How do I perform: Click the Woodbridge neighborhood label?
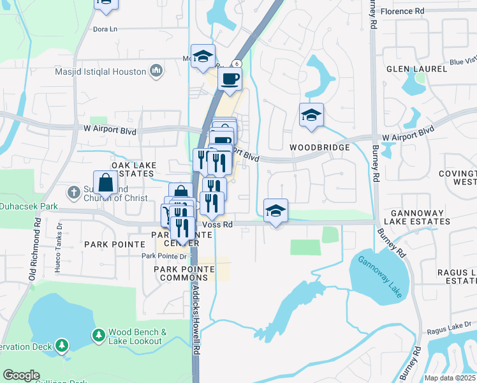(x=319, y=147)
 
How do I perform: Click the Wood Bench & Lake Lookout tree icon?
(x=98, y=335)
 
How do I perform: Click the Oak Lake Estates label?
(x=133, y=169)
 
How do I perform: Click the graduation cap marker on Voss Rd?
(x=275, y=211)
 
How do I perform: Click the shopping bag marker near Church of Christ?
(x=105, y=183)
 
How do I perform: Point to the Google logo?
(x=21, y=375)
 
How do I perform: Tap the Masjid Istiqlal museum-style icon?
(x=156, y=71)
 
